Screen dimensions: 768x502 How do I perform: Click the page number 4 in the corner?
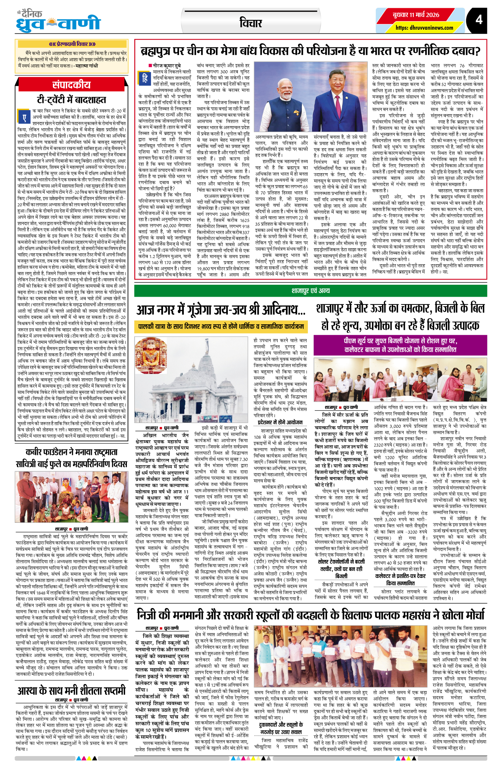479,20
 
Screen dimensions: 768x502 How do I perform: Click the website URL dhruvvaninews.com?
424,28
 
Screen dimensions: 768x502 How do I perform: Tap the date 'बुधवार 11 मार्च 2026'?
416,15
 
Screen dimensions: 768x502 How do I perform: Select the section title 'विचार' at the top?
251,23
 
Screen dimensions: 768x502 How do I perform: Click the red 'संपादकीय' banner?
72,85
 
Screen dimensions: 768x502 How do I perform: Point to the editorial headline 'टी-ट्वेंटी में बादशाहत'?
72,100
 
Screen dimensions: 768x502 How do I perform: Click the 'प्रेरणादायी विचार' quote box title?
72,44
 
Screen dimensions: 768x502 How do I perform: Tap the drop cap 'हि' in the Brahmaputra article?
145,78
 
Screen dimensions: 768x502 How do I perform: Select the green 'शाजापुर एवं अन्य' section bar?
310,291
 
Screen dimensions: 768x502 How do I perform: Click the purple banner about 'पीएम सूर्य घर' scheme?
400,345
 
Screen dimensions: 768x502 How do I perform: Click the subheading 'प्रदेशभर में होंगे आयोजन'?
280,422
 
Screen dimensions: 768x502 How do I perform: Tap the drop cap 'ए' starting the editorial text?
24,118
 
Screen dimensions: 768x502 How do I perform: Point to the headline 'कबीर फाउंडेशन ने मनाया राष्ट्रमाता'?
72,452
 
